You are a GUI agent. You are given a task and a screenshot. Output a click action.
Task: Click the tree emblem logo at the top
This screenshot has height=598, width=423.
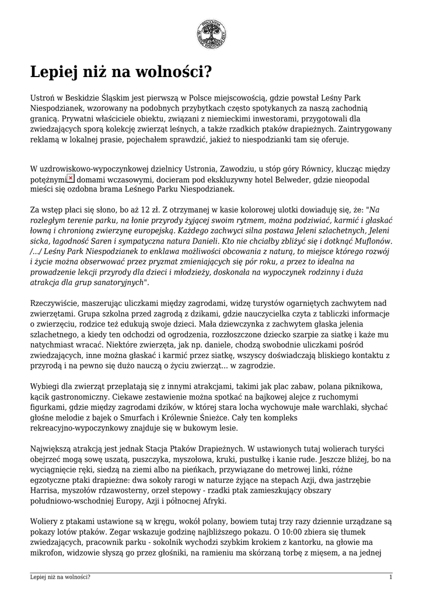coord(211,34)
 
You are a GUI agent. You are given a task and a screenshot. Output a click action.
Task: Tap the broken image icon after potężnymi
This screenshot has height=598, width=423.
coord(71,178)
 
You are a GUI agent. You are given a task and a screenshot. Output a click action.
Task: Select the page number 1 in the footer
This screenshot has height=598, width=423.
coord(390,577)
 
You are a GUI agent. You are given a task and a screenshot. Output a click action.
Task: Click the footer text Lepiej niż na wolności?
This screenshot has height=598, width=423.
coord(60,577)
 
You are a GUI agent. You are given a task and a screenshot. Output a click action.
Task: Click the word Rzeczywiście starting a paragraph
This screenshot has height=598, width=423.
coord(55,304)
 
